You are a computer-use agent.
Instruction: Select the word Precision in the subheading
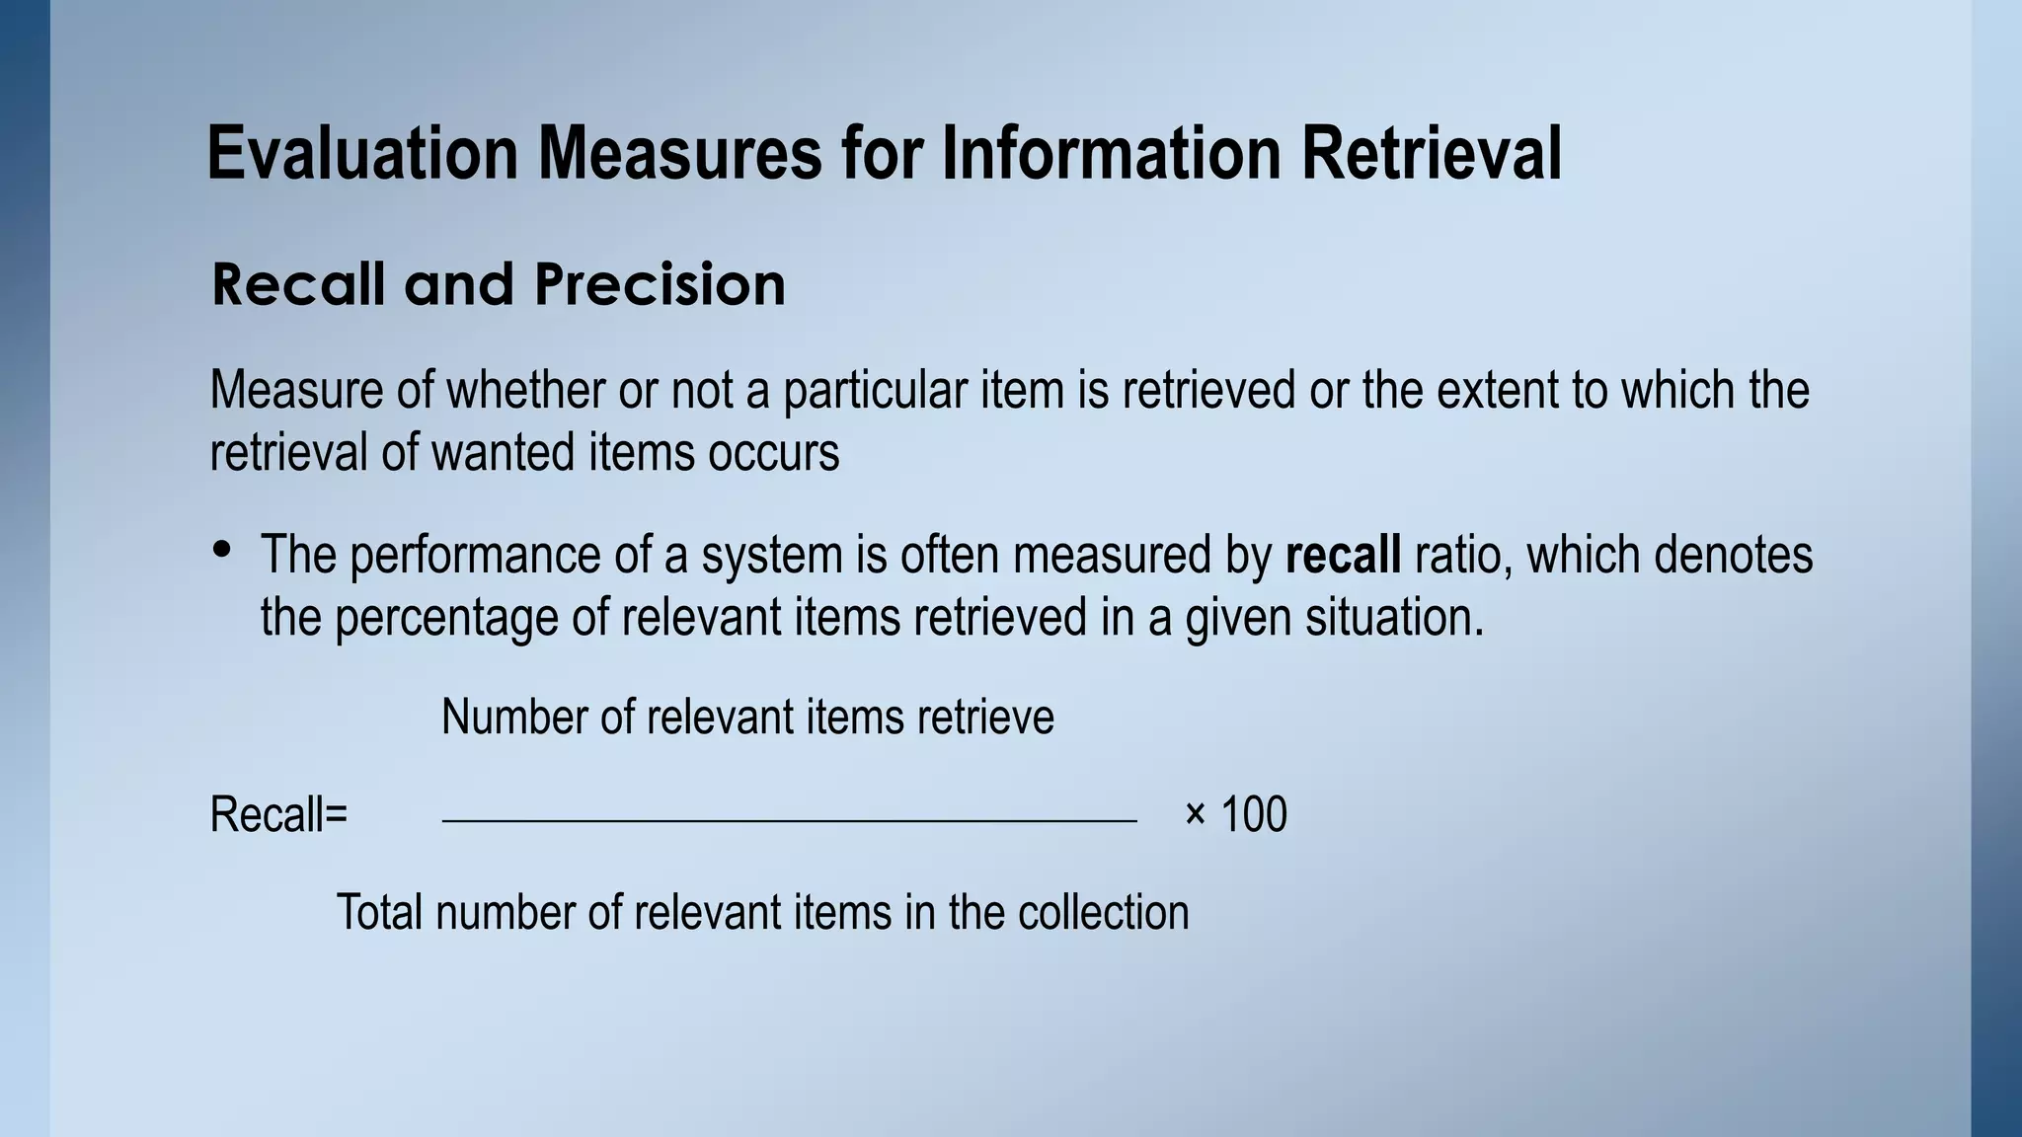tap(660, 285)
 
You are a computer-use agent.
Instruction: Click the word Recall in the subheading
tap(297, 285)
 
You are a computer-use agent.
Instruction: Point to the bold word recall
tap(1343, 555)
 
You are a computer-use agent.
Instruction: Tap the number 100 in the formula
tap(1254, 815)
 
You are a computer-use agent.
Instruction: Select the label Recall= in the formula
tap(279, 815)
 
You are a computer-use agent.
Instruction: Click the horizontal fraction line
tap(790, 820)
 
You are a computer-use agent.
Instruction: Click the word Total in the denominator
tap(380, 912)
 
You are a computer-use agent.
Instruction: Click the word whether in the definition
tap(525, 390)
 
